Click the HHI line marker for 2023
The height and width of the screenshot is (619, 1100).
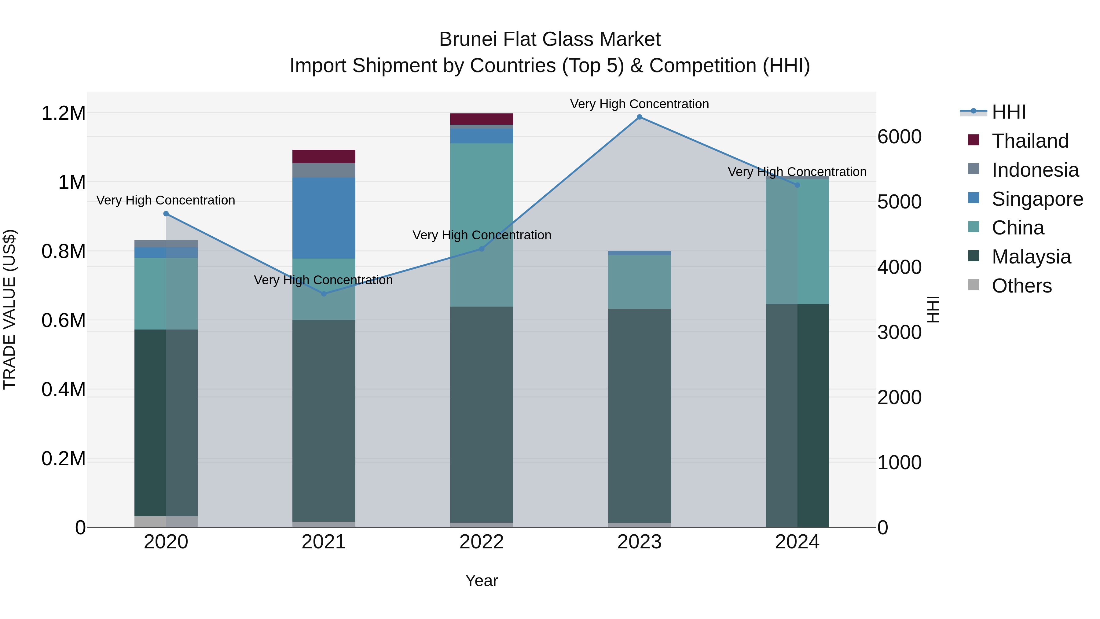click(x=639, y=117)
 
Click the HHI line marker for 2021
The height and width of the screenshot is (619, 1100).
click(x=324, y=294)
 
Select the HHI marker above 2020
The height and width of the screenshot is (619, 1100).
click(x=166, y=214)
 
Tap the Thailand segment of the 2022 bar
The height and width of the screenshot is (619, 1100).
click(x=482, y=119)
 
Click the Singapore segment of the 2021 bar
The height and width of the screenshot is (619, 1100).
click(x=324, y=218)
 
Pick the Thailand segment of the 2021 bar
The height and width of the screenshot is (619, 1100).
click(x=324, y=156)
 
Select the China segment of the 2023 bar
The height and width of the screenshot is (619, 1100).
click(x=639, y=282)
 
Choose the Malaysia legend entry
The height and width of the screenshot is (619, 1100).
click(x=1031, y=257)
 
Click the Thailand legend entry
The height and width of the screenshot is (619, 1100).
click(x=1029, y=141)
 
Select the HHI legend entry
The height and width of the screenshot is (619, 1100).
click(x=1008, y=112)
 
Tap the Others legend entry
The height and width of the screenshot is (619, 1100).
click(x=1021, y=286)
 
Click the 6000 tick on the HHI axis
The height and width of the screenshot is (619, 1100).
click(x=899, y=137)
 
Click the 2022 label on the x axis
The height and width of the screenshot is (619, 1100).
click(x=481, y=542)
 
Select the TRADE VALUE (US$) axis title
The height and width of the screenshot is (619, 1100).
click(x=9, y=309)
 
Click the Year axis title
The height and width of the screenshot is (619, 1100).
click(x=481, y=580)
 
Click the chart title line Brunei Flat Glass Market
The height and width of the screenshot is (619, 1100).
click(x=550, y=39)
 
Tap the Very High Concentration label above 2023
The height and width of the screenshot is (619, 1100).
click(x=639, y=104)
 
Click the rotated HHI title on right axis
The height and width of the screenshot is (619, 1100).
click(x=933, y=309)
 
